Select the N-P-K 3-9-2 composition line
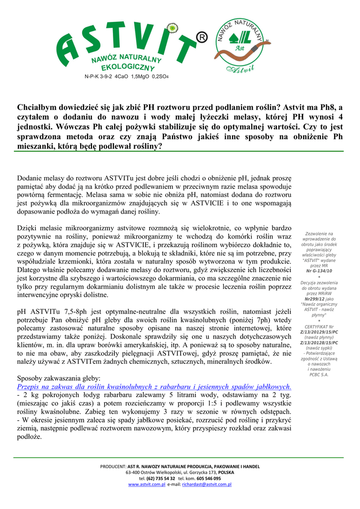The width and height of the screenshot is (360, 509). pyautogui.click(x=126, y=77)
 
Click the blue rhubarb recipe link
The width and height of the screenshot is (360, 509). pyautogui.click(x=154, y=387)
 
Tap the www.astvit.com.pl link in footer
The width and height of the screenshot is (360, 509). pyautogui.click(x=146, y=484)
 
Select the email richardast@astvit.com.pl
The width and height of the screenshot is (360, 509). pyautogui.click(x=207, y=484)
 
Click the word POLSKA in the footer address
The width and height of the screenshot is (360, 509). pyautogui.click(x=226, y=472)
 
